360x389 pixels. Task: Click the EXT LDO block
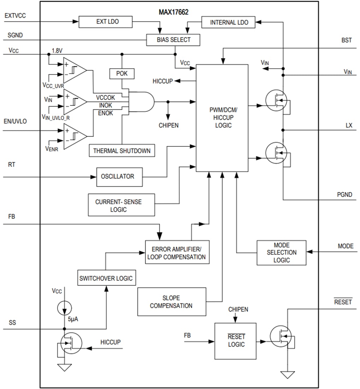point(105,22)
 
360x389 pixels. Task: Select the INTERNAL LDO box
point(229,22)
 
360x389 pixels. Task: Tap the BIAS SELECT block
point(173,40)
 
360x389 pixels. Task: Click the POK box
point(122,74)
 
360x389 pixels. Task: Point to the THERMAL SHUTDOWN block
point(122,151)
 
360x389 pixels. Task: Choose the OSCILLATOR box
point(119,176)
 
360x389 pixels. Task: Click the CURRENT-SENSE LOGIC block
point(121,205)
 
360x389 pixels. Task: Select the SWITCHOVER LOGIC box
point(106,278)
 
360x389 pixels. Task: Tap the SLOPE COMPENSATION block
point(171,302)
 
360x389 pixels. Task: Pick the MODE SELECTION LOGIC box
point(281,252)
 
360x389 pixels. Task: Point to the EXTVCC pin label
point(15,16)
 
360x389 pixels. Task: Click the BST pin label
point(346,40)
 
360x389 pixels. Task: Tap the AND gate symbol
point(141,102)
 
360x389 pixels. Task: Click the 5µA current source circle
point(64,308)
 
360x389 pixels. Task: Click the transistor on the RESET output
point(281,336)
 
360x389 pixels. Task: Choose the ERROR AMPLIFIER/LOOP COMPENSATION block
point(177,252)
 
